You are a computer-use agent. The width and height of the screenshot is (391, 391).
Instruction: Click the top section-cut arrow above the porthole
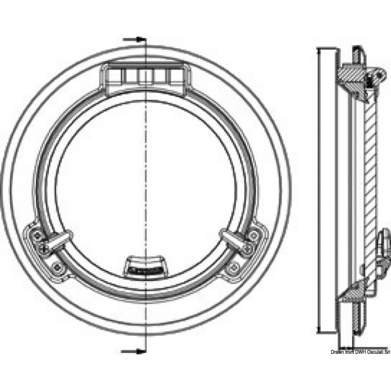(x=134, y=39)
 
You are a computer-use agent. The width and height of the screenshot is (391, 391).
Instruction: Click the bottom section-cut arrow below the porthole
(x=133, y=351)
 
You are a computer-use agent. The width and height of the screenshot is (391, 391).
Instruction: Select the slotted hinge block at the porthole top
(x=146, y=78)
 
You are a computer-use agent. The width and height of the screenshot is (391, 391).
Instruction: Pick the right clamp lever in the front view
(x=236, y=240)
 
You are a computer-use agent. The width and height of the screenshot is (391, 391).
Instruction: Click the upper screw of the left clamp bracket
(x=37, y=235)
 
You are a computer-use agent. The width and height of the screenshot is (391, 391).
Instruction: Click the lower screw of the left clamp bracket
(x=58, y=268)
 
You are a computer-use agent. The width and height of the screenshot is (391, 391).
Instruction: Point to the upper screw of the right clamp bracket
(x=254, y=235)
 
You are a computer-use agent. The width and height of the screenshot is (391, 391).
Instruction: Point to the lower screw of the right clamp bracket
(x=234, y=268)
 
